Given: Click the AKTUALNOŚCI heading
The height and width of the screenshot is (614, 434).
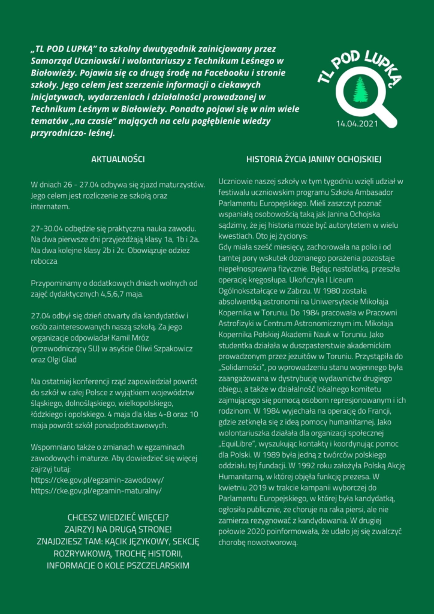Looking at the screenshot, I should coord(117,159).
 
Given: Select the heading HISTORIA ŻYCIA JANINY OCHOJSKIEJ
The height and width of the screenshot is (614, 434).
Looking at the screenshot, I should coord(314,159).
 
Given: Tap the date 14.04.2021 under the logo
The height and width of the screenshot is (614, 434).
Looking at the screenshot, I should coord(358,124).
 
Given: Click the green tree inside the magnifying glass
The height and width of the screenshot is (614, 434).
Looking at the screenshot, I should coord(360,90).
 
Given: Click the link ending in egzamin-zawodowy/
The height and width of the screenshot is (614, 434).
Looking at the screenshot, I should coord(97,480).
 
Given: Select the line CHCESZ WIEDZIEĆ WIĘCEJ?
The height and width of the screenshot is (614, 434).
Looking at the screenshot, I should coord(117,517).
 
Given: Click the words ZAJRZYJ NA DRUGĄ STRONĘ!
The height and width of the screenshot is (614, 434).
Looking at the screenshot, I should coord(117,529).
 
